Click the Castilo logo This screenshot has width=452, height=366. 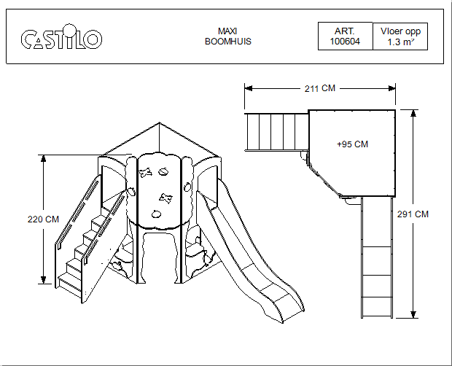61,38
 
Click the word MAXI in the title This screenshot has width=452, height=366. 228,31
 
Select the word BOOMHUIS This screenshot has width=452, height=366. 228,42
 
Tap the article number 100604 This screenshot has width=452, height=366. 344,42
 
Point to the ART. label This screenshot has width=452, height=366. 344,32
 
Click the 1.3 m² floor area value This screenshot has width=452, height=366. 400,42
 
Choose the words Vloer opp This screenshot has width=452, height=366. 400,31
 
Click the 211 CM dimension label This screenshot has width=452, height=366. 319,88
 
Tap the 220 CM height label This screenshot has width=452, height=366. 42,219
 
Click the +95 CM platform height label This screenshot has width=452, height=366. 352,144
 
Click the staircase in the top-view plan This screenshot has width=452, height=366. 276,131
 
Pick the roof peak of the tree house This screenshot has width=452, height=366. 159,124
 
